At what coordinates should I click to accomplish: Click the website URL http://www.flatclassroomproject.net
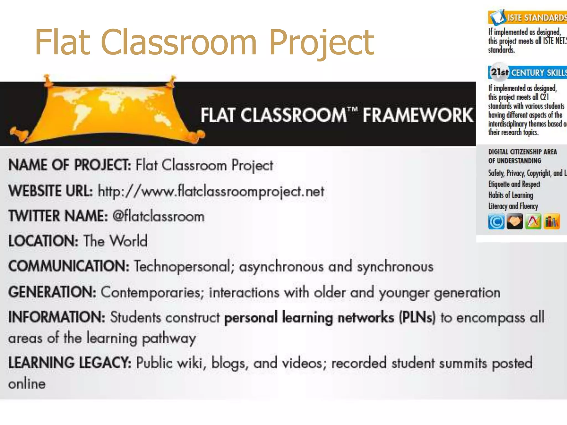(211, 191)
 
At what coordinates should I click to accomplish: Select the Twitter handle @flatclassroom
(158, 216)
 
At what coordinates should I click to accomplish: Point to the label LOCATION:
(43, 241)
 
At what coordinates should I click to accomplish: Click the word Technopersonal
(182, 266)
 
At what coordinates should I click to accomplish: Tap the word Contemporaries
(152, 292)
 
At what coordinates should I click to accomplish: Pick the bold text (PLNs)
(417, 317)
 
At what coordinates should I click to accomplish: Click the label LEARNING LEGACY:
(70, 363)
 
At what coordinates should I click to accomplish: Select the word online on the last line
(27, 384)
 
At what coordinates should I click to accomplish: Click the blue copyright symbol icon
(496, 222)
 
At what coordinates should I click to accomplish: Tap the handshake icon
(515, 222)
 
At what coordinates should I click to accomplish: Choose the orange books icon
(552, 222)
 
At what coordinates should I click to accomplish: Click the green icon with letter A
(533, 222)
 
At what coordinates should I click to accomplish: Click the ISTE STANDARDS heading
(536, 18)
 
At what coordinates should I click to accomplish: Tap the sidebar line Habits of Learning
(511, 195)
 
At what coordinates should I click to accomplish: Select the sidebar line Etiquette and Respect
(514, 184)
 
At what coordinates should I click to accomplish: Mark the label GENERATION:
(52, 292)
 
